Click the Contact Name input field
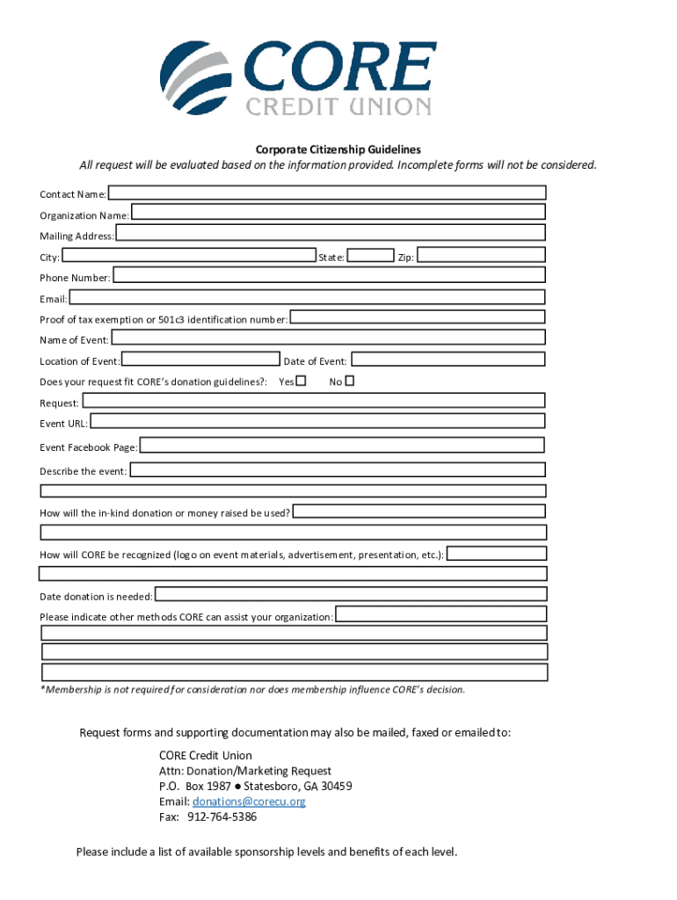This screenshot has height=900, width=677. (326, 192)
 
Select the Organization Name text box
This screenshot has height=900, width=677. (338, 212)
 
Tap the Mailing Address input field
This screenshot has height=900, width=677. (330, 233)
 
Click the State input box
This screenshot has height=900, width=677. (370, 256)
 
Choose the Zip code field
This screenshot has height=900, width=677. (480, 256)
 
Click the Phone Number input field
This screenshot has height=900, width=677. (329, 275)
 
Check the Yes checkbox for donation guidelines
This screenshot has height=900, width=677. (302, 381)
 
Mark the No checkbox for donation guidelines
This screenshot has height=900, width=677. (349, 381)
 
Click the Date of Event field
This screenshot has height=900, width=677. (448, 359)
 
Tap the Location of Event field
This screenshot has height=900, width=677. (200, 359)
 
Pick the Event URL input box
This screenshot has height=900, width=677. (317, 422)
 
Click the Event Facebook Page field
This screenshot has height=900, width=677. (342, 446)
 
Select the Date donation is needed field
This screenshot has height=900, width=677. (350, 595)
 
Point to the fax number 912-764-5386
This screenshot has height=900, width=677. (222, 817)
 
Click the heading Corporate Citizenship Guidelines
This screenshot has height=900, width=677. (338, 149)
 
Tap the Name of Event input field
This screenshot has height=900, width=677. (328, 338)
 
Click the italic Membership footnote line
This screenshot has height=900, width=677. (252, 689)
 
